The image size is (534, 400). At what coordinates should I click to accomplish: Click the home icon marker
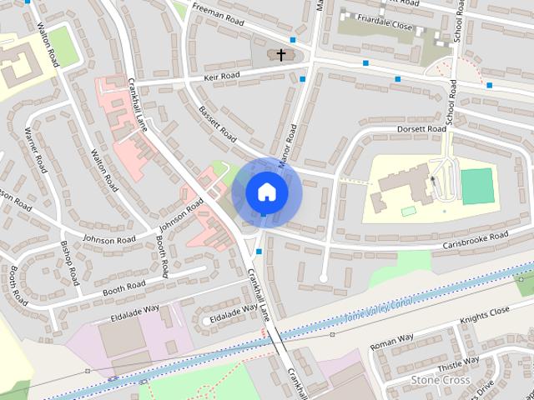coord(266,191)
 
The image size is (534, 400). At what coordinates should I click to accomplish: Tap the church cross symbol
coord(281,56)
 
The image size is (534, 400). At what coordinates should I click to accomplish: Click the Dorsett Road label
coord(423,129)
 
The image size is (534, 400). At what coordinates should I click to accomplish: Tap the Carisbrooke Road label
coord(476,237)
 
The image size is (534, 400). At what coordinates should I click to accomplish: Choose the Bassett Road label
coord(217,123)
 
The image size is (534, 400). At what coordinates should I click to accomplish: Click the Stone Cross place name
coord(441,380)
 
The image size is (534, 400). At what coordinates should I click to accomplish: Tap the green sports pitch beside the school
coord(477,186)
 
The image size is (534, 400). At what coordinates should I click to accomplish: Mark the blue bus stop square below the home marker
coord(260,250)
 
